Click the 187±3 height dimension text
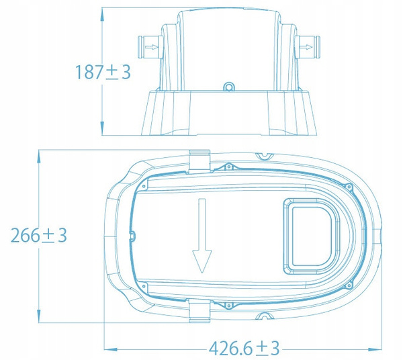(x=103, y=72)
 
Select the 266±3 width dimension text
(x=39, y=236)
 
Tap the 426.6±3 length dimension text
(x=244, y=349)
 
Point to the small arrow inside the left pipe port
(x=153, y=48)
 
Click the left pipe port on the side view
(x=148, y=48)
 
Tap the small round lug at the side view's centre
(x=230, y=87)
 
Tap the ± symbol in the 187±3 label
(x=112, y=73)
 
